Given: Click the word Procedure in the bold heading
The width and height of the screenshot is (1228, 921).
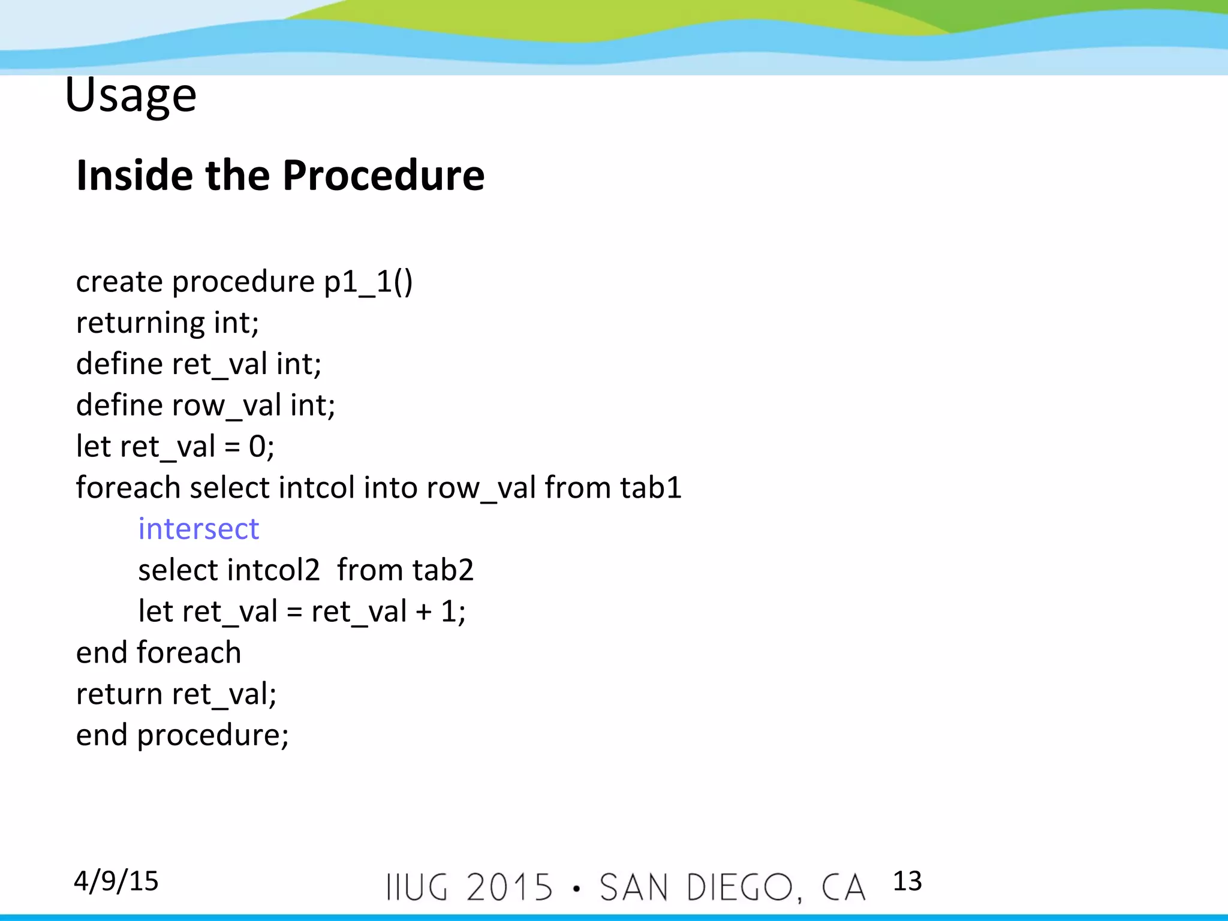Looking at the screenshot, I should pos(383,176).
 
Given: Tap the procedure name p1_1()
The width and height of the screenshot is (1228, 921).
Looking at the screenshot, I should pos(368,282).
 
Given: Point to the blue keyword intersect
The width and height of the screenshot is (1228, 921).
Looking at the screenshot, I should pos(198,529).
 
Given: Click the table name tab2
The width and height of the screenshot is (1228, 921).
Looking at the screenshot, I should pos(443,570).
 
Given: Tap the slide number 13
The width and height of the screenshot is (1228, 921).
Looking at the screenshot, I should pos(907,881).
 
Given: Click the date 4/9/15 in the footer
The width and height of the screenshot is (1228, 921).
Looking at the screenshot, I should pos(116,881).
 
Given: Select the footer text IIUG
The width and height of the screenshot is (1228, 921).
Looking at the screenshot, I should pos(417,887).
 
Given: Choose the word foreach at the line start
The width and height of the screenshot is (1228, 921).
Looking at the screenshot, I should pos(128,487).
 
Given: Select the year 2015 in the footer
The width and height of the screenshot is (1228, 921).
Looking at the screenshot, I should pos(509,887).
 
